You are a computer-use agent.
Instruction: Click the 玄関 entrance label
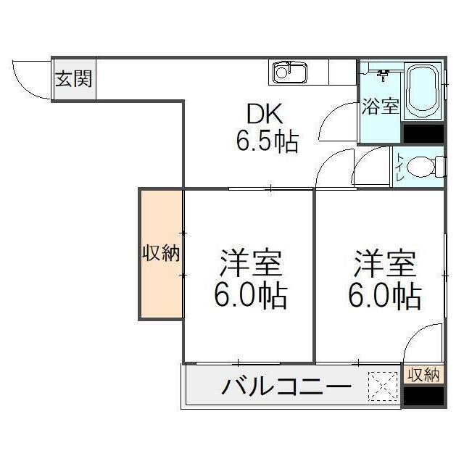tap(73, 79)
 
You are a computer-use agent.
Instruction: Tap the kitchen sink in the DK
tap(289, 73)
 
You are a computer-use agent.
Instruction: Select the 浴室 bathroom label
tap(380, 106)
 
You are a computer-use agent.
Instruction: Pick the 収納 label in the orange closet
tap(160, 254)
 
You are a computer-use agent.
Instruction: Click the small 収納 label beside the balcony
tap(423, 375)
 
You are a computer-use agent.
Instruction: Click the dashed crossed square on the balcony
tap(383, 386)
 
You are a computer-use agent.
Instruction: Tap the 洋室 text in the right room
tap(385, 263)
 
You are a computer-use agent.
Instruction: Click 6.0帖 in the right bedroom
tap(385, 296)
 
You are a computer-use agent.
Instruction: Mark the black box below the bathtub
tap(423, 133)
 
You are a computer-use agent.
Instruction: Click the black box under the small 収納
tap(423, 396)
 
